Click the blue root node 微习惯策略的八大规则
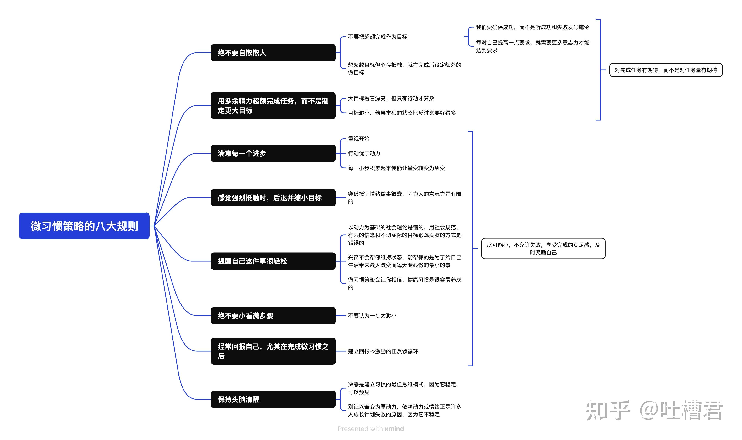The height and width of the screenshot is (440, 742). pos(84,226)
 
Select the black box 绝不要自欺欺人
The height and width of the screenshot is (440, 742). pos(273,53)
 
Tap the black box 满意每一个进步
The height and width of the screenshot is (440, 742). pos(273,153)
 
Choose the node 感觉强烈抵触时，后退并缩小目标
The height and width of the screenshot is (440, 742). pos(273,197)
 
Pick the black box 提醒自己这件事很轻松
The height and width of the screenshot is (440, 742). pos(273,261)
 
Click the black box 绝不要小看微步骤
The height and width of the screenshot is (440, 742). pos(273,315)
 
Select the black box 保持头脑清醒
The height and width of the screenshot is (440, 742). pos(273,399)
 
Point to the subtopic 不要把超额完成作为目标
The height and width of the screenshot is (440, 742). pos(378,37)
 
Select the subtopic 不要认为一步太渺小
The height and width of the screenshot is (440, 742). pos(372,315)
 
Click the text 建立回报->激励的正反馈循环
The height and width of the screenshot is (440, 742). pos(383,351)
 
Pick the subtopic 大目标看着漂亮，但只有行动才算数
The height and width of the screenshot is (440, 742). pos(391,98)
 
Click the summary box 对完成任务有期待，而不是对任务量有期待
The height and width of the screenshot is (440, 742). pos(666,70)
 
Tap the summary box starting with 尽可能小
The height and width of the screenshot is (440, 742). pos(543,248)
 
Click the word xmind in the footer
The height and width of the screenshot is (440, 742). pos(394,429)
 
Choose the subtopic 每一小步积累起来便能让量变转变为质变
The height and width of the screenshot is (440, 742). pos(396,168)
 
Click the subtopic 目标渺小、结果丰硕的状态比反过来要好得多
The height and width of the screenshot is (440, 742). pos(402,113)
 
